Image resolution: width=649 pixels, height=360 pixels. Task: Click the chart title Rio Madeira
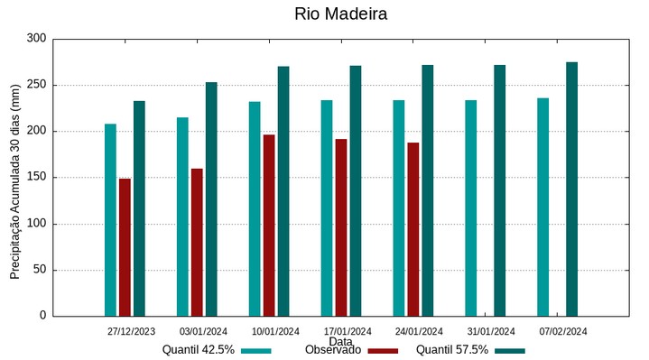pos(341,14)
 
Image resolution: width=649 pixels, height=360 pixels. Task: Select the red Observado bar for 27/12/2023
pos(125,247)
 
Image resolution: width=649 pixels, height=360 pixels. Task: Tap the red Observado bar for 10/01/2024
pos(269,226)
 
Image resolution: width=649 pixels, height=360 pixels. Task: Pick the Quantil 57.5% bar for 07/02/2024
pos(571,189)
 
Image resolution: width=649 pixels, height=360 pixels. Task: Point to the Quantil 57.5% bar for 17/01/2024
pos(356,190)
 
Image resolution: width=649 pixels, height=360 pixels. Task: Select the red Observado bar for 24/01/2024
pos(413,229)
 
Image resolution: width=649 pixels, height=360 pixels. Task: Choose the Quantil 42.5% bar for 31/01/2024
pos(470,208)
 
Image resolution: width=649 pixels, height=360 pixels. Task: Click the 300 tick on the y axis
pos(36,39)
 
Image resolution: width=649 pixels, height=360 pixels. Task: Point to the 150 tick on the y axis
pos(36,178)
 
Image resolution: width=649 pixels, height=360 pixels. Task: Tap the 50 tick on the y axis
pos(39,270)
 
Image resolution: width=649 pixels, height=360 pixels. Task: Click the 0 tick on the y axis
pos(42,316)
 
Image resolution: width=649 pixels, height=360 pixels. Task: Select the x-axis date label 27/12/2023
pos(131,331)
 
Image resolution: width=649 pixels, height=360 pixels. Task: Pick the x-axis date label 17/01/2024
pos(348,331)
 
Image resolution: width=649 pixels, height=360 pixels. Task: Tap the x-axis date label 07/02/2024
pos(563,331)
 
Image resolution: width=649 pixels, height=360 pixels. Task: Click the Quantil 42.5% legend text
pos(199,350)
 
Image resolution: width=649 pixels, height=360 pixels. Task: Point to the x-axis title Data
pos(340,342)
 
